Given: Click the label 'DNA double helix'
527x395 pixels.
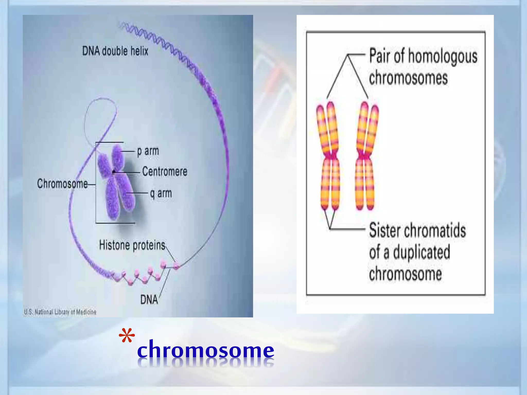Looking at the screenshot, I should pos(115,51).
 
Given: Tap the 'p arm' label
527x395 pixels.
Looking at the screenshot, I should pos(148,151).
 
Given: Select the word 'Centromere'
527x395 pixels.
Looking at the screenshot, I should pos(165,172).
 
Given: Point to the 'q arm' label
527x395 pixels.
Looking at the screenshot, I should pos(161,193).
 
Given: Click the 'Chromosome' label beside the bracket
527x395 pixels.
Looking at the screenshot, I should pos(62,184).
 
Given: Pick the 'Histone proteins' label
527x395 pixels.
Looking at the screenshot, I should pos(132,245).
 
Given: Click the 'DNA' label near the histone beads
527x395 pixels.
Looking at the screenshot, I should pos(149,300).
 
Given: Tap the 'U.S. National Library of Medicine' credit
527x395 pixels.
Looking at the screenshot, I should pos(60,312).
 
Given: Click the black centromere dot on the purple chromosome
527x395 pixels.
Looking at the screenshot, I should pos(114,172).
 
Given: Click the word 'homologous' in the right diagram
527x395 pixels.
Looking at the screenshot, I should pos(443,57).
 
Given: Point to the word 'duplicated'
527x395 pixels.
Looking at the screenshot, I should pos(421,252).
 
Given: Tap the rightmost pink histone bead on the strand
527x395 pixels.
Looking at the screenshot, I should pos(176,265).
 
